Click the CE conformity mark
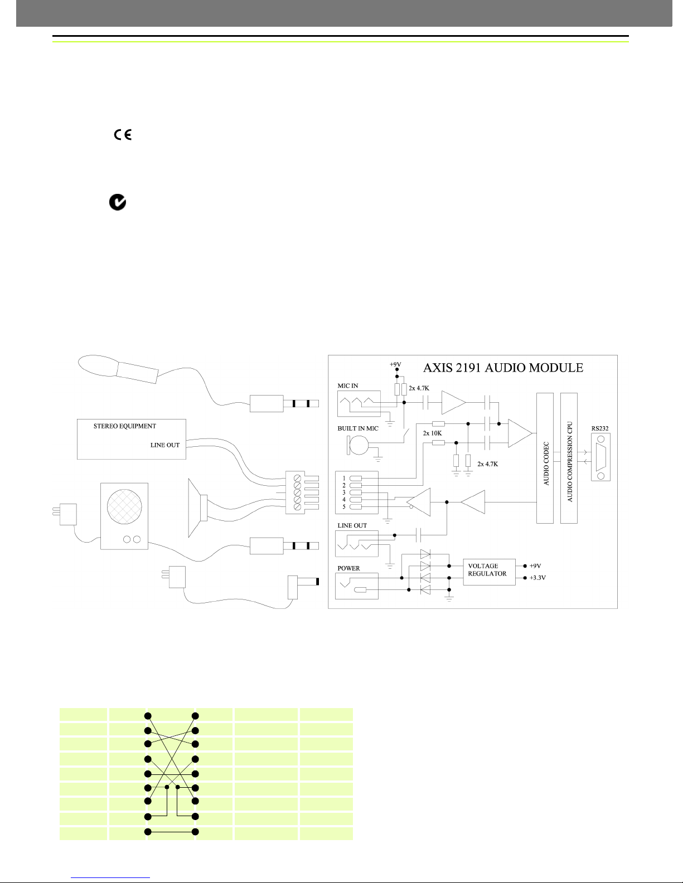click(x=122, y=134)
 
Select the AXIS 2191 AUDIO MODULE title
click(x=503, y=368)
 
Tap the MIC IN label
click(x=348, y=386)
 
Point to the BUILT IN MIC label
click(x=357, y=429)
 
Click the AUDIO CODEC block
click(x=545, y=458)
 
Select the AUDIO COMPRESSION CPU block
click(x=569, y=458)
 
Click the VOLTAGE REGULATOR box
click(x=488, y=570)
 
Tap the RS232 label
click(x=600, y=429)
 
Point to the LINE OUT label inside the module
click(x=352, y=525)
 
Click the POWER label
click(x=348, y=568)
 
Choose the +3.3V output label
click(x=537, y=578)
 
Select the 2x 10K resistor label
click(x=432, y=433)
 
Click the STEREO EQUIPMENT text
click(x=124, y=426)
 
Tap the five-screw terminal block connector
click(x=296, y=492)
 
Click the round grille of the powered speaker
click(x=124, y=508)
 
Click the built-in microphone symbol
click(x=358, y=445)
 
